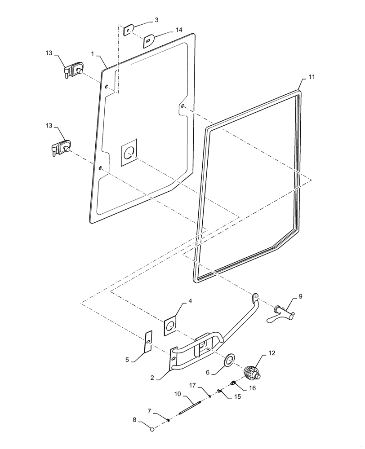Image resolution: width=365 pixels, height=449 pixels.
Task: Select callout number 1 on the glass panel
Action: [x=92, y=53]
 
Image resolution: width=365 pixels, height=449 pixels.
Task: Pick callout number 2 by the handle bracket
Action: [x=153, y=378]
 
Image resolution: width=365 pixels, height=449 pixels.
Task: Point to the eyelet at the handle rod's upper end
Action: [x=255, y=297]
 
